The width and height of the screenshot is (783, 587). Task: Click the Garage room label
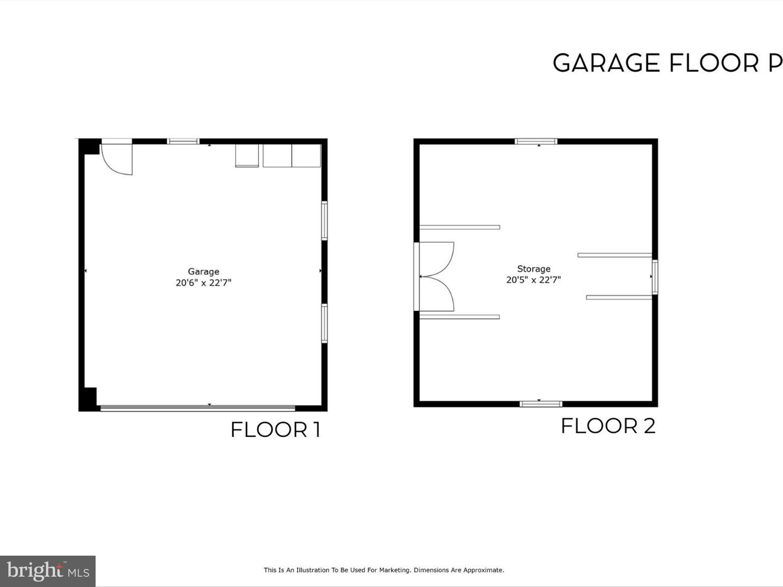tap(203, 271)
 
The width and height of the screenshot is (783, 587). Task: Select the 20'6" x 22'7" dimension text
tap(203, 283)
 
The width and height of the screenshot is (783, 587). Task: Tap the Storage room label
tap(534, 269)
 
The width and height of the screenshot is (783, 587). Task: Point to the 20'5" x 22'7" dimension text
tap(533, 280)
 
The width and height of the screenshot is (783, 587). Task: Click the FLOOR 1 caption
tap(275, 430)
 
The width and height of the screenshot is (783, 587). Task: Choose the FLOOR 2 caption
tap(608, 426)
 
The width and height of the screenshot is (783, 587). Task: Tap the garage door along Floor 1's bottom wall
tap(197, 408)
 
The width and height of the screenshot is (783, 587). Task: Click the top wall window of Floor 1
tap(183, 141)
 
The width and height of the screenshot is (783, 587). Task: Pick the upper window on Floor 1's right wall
tap(324, 221)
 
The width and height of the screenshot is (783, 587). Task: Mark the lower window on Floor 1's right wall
tap(324, 323)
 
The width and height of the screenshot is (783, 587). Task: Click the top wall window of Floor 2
tap(536, 141)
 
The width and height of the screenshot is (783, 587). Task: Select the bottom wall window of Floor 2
tap(541, 404)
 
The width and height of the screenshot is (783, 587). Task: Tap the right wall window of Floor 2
tap(655, 277)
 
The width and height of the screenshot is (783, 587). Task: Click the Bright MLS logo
tap(48, 571)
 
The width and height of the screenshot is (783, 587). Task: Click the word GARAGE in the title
tap(606, 63)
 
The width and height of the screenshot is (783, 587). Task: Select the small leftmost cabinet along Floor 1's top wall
tap(247, 156)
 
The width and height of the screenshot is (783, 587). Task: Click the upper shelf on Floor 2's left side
tap(460, 227)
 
